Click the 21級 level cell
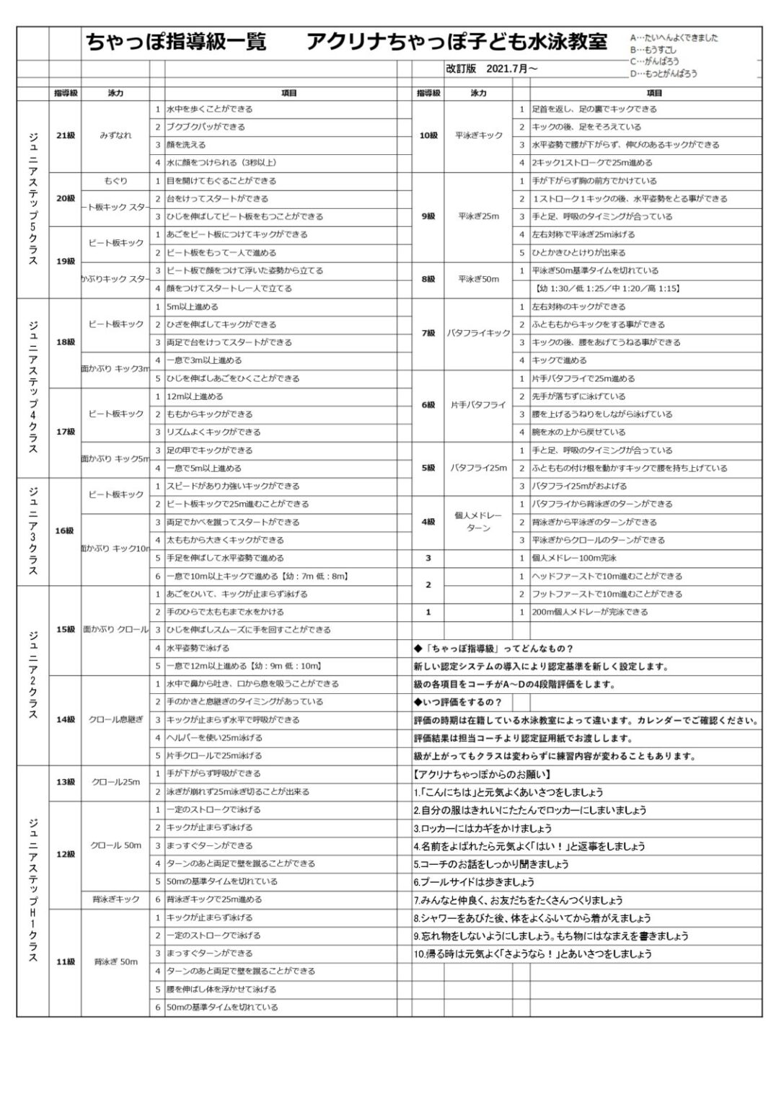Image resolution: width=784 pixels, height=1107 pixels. tap(66, 135)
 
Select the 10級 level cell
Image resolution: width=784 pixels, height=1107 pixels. tap(428, 135)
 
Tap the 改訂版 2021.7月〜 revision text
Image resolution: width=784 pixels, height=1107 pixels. tap(491, 69)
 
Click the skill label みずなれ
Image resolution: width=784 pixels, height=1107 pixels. tap(115, 135)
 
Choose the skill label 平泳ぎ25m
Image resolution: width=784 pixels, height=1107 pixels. tap(478, 216)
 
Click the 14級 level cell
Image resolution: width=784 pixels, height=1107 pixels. tap(66, 719)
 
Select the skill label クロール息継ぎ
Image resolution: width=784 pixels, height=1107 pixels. tap(115, 719)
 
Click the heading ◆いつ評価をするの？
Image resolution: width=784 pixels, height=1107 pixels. tap(457, 702)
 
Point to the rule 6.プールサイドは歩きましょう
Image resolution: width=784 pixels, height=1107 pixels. tap(474, 882)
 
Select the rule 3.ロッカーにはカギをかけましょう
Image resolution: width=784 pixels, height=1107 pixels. tap(483, 828)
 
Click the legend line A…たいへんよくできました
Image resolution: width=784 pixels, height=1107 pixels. tap(674, 38)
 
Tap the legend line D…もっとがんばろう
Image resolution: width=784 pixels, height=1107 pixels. tap(664, 74)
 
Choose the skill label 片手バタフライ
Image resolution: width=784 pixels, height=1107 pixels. tap(478, 405)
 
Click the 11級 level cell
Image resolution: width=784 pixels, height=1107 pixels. tap(66, 961)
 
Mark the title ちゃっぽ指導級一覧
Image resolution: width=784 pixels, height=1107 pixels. tap(176, 43)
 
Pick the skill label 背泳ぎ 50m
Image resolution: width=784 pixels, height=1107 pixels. tap(115, 961)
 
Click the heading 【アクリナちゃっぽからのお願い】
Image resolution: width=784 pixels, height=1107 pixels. tap(483, 775)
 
